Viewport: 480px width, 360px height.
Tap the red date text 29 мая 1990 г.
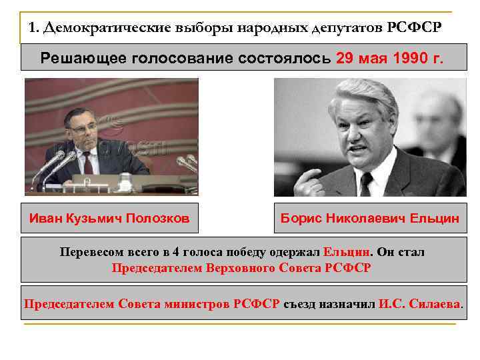tap(389, 58)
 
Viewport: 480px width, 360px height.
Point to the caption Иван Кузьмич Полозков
tap(109, 218)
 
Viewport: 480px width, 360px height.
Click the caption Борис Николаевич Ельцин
tap(370, 218)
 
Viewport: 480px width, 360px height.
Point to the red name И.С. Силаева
tap(419, 303)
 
